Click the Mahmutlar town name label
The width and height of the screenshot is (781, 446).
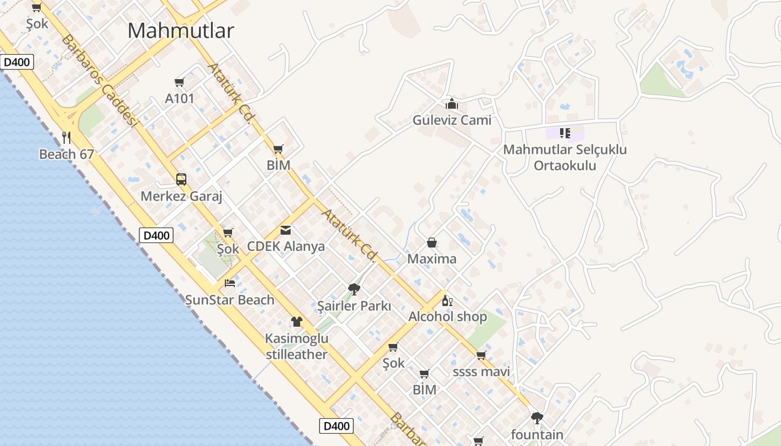coord(181,31)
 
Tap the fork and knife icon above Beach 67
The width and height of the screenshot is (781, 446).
coord(66,137)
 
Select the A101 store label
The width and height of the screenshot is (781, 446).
coord(180,99)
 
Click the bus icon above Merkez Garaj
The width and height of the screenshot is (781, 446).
coord(181,180)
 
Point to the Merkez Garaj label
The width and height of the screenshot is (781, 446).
coord(181,196)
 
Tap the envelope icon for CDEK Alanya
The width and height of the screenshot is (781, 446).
coord(286,230)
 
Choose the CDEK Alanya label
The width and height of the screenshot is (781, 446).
coord(286,246)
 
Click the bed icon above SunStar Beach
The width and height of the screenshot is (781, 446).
coord(230,283)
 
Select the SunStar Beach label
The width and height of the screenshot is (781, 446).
coord(230,300)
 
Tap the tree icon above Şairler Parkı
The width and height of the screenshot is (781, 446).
coord(354,289)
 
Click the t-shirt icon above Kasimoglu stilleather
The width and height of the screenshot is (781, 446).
coord(297,322)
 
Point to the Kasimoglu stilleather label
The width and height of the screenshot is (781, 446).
coord(297,346)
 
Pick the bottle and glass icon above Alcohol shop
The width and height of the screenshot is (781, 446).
coord(447,301)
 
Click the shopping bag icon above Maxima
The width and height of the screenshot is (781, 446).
coord(432,243)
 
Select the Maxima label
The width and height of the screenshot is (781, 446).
coord(432,259)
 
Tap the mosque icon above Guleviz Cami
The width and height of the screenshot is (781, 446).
coord(452,104)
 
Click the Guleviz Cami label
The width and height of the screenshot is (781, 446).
coord(452,120)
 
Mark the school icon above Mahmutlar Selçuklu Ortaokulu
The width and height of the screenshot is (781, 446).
coord(565,133)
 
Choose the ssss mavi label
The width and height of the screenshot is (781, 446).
coord(481,372)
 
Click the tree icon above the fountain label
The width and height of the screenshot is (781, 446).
coord(537,418)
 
